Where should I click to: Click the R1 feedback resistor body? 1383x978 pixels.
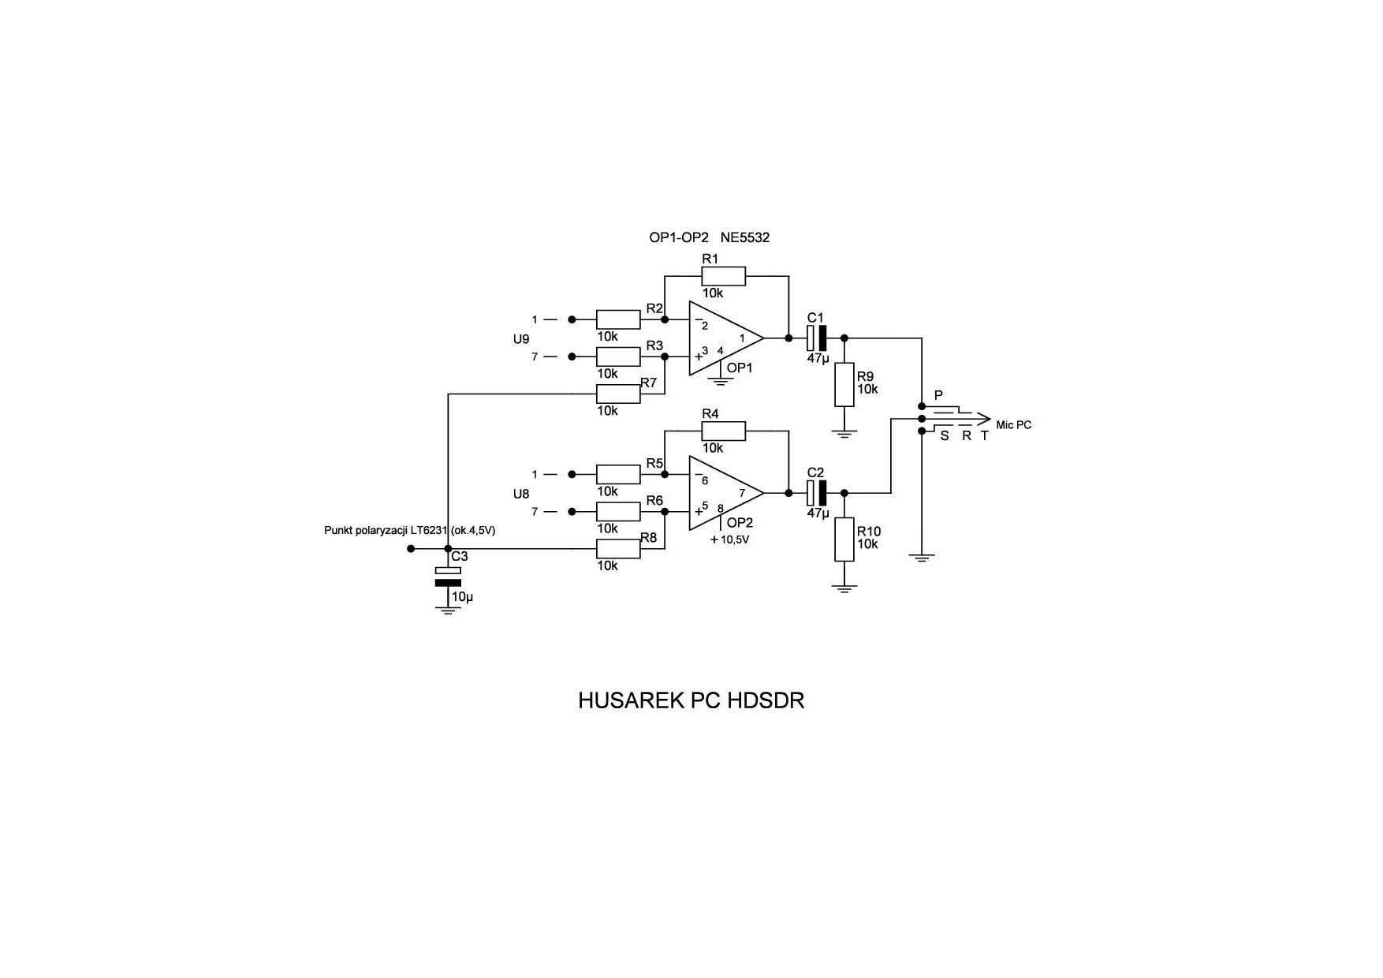click(723, 276)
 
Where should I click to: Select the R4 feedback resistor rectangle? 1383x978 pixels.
click(723, 431)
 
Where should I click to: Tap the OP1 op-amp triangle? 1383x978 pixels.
click(724, 338)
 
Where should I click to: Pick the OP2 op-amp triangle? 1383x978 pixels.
click(724, 493)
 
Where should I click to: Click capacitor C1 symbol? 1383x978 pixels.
click(817, 338)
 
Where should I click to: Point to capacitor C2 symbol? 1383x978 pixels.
click(817, 493)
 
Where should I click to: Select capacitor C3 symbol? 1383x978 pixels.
click(448, 577)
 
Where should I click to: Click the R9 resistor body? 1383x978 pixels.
click(844, 385)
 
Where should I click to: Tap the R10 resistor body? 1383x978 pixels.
click(844, 539)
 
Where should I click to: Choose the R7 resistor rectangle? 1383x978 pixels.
click(618, 394)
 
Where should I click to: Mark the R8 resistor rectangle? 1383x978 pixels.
click(618, 549)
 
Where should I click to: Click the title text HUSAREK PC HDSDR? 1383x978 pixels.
click(691, 701)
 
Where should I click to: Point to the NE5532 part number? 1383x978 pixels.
click(744, 237)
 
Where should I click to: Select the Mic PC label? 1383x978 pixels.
click(1013, 425)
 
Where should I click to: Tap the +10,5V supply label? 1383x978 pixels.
click(729, 540)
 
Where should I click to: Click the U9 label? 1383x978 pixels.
click(521, 339)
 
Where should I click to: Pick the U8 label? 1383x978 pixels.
click(521, 495)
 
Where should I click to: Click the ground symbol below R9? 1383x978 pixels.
click(844, 433)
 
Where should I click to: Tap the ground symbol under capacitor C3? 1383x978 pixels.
click(448, 609)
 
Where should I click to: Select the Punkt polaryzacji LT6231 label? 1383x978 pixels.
click(409, 531)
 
